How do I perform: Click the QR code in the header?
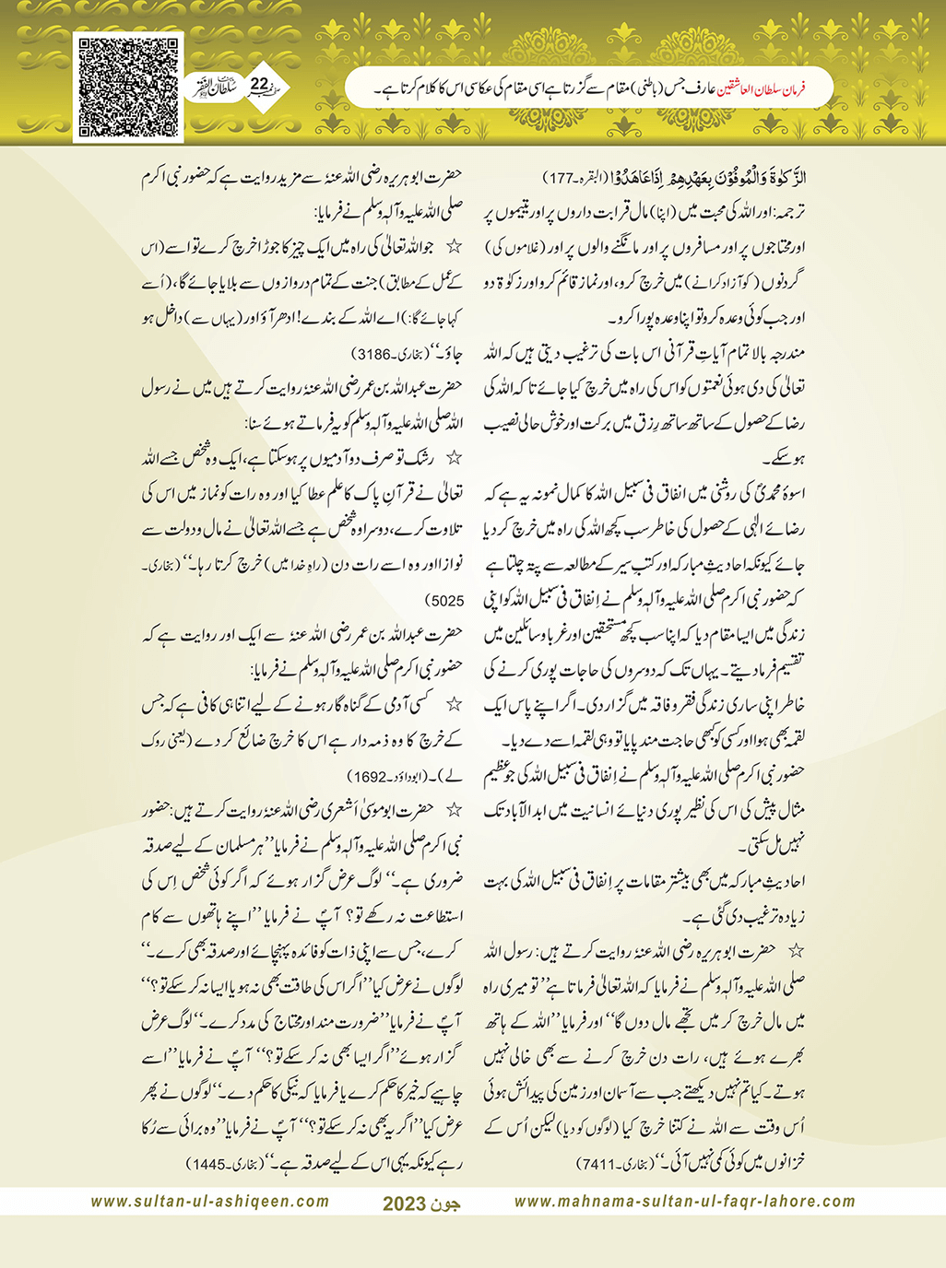[x=128, y=87]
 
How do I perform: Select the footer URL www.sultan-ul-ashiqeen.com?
[x=210, y=1202]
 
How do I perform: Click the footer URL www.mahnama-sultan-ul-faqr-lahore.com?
[x=684, y=1202]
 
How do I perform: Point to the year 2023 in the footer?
[x=404, y=1203]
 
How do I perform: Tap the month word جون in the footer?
[x=447, y=1203]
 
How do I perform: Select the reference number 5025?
[x=446, y=601]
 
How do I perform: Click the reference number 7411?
[x=600, y=1165]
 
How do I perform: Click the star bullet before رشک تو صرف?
[x=452, y=460]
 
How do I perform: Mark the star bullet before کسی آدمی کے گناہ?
[x=452, y=706]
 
